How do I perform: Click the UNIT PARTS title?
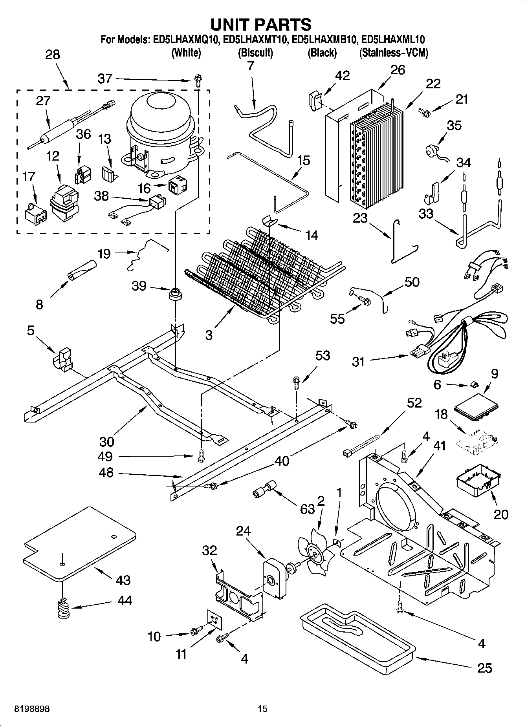261,24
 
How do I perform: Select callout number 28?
52,55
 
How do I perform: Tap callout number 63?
307,509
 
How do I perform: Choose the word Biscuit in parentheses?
255,53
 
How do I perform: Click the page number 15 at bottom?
262,709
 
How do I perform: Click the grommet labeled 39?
174,293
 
